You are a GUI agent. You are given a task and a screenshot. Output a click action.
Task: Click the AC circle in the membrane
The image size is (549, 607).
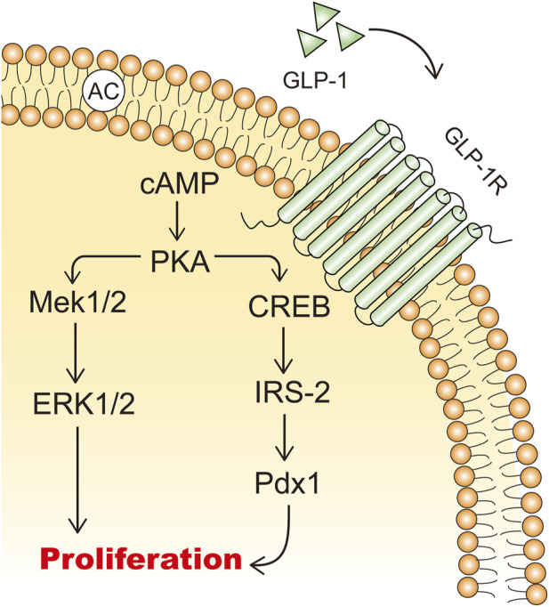[x=103, y=93]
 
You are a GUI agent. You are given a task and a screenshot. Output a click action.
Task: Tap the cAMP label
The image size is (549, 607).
[x=180, y=183]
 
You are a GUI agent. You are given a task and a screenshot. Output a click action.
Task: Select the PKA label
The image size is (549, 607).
[x=180, y=262]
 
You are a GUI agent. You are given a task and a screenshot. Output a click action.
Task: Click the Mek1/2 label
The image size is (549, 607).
[x=77, y=303]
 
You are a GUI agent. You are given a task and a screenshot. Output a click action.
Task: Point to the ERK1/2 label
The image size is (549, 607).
[x=84, y=404]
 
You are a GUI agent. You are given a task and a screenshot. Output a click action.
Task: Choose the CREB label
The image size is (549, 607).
[x=289, y=306]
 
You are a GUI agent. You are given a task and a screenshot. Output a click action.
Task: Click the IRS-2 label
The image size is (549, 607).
[x=293, y=392]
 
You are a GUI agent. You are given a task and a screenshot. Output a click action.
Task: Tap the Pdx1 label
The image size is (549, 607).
[x=287, y=482]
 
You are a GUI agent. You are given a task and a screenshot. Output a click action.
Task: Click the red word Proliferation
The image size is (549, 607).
[x=141, y=560]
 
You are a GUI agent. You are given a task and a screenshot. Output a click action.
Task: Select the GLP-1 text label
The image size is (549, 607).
[x=315, y=81]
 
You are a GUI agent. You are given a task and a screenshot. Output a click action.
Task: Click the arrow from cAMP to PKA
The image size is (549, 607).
[x=177, y=220]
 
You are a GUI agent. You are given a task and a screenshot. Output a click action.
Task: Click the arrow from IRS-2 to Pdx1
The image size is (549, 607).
[x=285, y=437]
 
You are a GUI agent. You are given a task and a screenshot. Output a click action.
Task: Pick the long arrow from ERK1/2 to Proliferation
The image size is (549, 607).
[x=77, y=480]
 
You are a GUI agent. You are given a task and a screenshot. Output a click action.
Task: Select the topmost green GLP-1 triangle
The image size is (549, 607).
[x=326, y=15]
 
